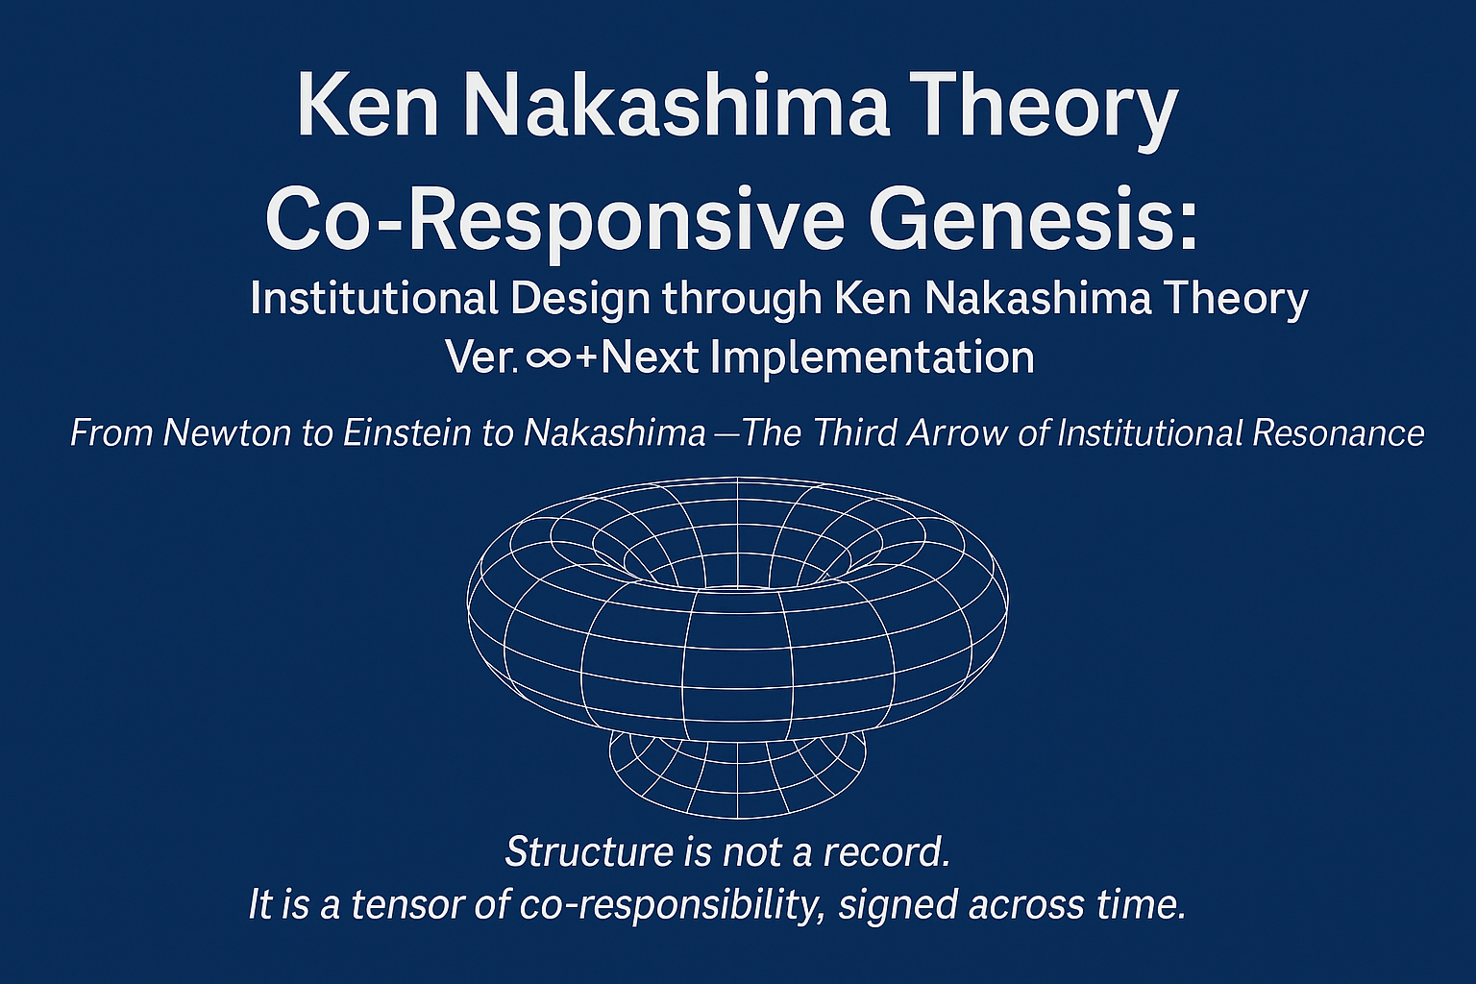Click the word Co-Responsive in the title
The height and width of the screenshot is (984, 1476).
click(x=554, y=219)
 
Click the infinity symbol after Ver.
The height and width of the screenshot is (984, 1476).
click(x=549, y=358)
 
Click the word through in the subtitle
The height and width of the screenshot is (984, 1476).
click(x=742, y=300)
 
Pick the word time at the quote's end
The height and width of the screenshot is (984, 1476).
click(x=1144, y=904)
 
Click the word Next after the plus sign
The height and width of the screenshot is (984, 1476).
click(x=650, y=358)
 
